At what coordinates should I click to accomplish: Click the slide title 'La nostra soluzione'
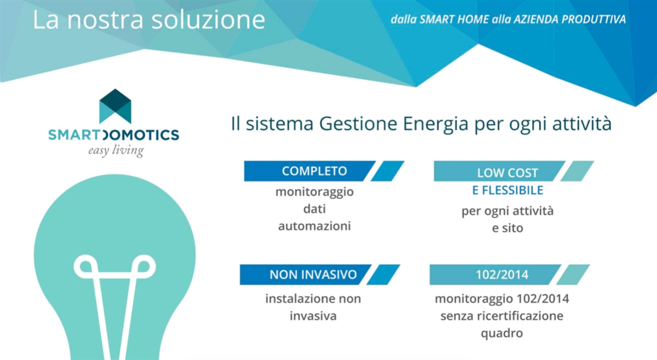click(149, 20)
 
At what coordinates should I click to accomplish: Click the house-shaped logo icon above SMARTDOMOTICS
click(115, 106)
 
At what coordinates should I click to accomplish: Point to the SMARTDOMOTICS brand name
click(113, 135)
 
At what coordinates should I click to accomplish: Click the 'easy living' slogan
click(116, 150)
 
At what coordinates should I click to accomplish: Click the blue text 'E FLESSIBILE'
click(508, 190)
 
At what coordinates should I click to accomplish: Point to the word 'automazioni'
click(314, 225)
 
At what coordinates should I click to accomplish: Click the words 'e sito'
click(507, 228)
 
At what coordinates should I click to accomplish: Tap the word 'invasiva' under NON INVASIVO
click(313, 316)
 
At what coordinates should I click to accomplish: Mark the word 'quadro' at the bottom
click(502, 333)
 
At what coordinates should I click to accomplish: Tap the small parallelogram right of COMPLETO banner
click(388, 171)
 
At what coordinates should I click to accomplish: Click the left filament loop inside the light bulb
click(87, 268)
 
